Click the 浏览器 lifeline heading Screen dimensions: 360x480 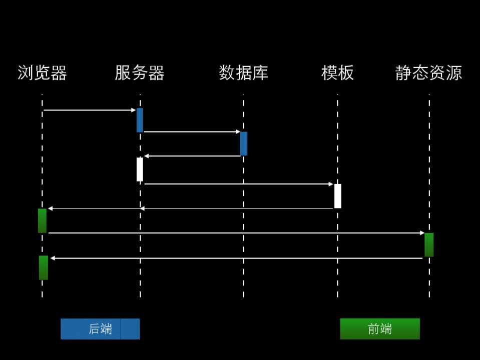tap(42, 73)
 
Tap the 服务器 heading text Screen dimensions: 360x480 tap(140, 73)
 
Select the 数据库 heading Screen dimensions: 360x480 tap(244, 73)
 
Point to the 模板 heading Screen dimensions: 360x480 tap(337, 73)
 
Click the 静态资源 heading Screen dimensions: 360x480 tap(428, 73)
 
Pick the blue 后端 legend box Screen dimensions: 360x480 tap(100, 329)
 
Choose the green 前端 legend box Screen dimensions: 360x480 tap(380, 329)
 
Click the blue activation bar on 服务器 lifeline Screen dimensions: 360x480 tap(140, 120)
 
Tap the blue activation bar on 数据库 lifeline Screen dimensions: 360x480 tap(244, 143)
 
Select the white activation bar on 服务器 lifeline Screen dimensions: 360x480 tap(140, 169)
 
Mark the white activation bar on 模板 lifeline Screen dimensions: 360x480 tap(338, 196)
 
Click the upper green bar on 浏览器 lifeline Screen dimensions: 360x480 tap(42, 220)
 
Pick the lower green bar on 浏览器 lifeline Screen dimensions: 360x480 tap(44, 267)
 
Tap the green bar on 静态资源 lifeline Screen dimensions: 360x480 tap(429, 244)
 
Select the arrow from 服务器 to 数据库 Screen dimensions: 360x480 tap(192, 131)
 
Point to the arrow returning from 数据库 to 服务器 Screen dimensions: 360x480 tap(192, 156)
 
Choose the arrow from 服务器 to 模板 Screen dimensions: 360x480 tap(238, 184)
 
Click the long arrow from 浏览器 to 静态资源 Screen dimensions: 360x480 tap(236, 233)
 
